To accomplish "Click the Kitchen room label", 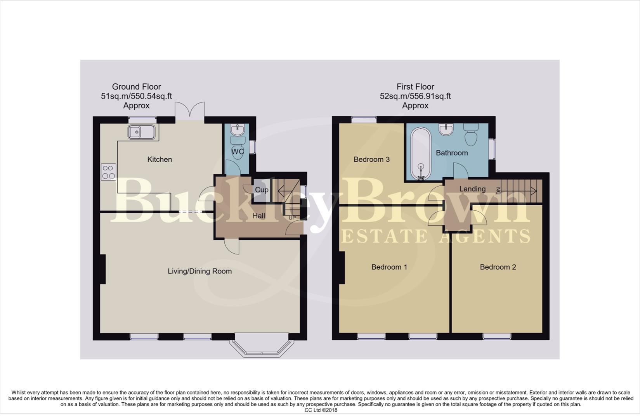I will [160, 159].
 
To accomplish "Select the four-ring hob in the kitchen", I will [108, 172].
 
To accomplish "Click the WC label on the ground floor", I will [238, 151].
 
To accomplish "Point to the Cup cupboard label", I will [261, 190].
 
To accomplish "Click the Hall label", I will [259, 216].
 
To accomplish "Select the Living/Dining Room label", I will [199, 271].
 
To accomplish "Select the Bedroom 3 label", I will [371, 159].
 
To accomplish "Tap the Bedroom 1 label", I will [389, 267].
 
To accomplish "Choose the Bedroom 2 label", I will [498, 267].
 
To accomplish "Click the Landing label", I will [472, 189].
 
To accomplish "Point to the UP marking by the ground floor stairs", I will [292, 218].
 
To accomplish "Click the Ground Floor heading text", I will [136, 87].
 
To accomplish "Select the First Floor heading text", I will [415, 87].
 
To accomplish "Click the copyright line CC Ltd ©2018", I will [321, 410].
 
